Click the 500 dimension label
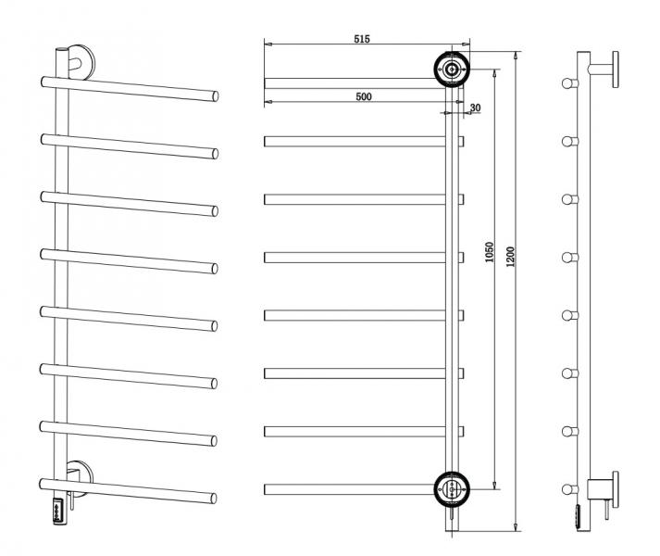click(x=363, y=96)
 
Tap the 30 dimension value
click(x=475, y=107)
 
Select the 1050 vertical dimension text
click(x=490, y=254)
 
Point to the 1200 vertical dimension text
click(x=509, y=254)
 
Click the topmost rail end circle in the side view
click(x=566, y=83)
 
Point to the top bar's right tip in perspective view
click(x=216, y=95)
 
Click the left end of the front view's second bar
click(x=268, y=142)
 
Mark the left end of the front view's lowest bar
click(x=268, y=488)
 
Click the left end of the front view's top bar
click(x=268, y=83)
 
